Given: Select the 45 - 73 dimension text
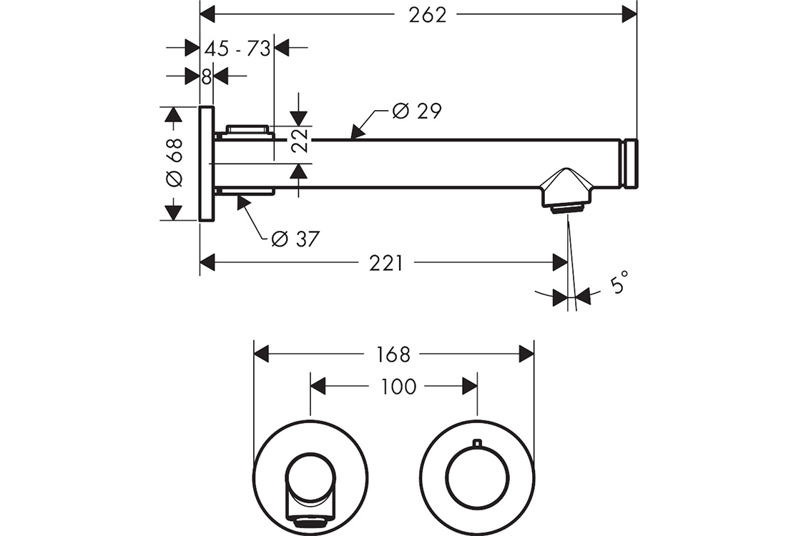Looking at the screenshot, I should [x=237, y=49].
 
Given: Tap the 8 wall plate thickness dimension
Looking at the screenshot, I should [x=207, y=76].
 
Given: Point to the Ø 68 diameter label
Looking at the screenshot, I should [x=175, y=162].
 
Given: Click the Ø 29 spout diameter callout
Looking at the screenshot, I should [x=417, y=111].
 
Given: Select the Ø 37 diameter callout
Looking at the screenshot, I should [x=295, y=239].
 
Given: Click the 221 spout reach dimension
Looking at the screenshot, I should [x=386, y=264].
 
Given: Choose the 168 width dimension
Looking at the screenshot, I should [x=393, y=354].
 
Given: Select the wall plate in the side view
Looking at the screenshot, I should [x=206, y=164].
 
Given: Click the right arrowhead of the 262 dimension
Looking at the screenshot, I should [x=629, y=14].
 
